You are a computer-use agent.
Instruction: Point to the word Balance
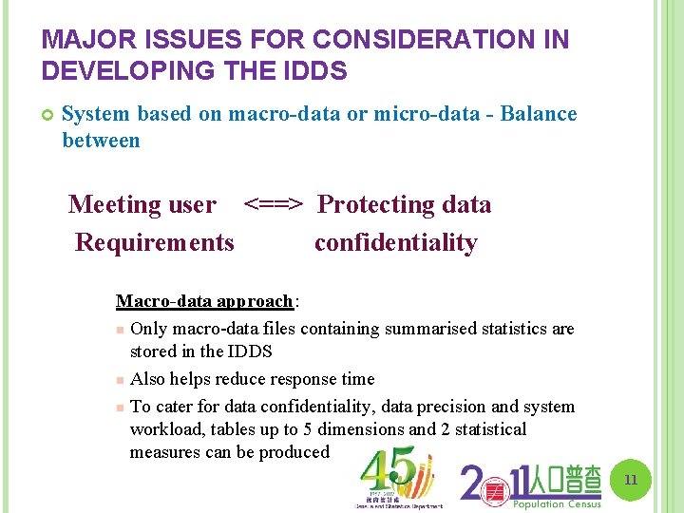[x=538, y=114]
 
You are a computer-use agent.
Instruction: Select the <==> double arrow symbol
[x=274, y=204]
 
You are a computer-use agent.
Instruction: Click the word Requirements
[x=154, y=242]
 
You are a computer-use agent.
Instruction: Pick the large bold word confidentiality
[x=395, y=242]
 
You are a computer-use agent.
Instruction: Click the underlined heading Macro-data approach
[x=204, y=301]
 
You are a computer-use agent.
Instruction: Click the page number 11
[x=630, y=481]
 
